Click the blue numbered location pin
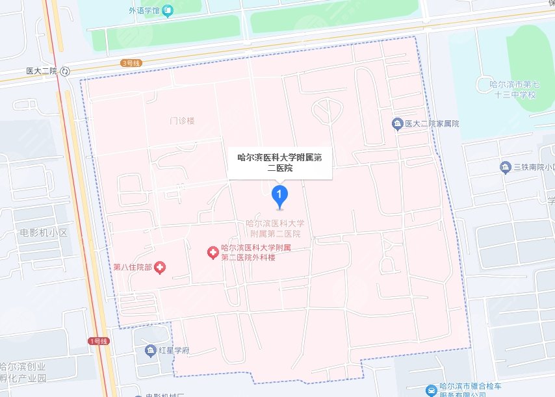(279, 194)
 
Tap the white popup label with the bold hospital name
(279, 162)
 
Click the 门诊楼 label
(182, 120)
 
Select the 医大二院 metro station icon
(66, 71)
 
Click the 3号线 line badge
(131, 63)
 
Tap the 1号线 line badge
(98, 340)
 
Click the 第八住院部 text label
(132, 267)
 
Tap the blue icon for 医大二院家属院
(397, 123)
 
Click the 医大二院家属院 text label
(432, 123)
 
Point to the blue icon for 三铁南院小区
(505, 167)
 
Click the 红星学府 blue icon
(149, 351)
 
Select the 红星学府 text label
(174, 351)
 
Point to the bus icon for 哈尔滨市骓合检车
(431, 390)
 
